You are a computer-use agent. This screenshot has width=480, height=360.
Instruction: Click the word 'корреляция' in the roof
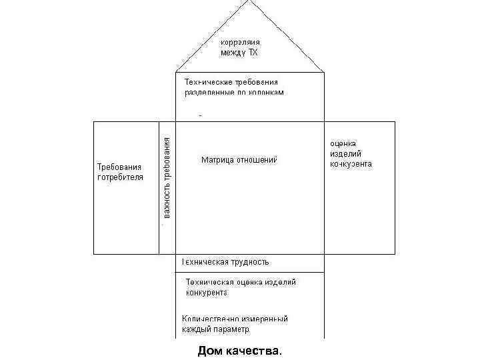[240, 41]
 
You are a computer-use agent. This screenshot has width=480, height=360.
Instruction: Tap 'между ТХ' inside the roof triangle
[239, 52]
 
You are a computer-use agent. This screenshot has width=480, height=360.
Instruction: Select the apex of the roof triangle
[251, 2]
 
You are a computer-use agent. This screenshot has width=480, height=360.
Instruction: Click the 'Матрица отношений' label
[239, 160]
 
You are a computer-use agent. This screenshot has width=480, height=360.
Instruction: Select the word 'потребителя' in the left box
[120, 177]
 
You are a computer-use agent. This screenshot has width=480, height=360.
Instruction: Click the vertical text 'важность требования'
[167, 177]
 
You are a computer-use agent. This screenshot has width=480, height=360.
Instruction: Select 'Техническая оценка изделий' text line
[240, 282]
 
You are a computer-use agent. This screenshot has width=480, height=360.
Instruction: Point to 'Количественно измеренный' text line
[235, 319]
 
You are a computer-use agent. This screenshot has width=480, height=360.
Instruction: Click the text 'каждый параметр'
[215, 329]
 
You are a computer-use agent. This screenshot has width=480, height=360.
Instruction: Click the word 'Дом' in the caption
[209, 350]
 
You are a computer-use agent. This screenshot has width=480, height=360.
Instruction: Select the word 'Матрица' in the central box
[217, 160]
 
